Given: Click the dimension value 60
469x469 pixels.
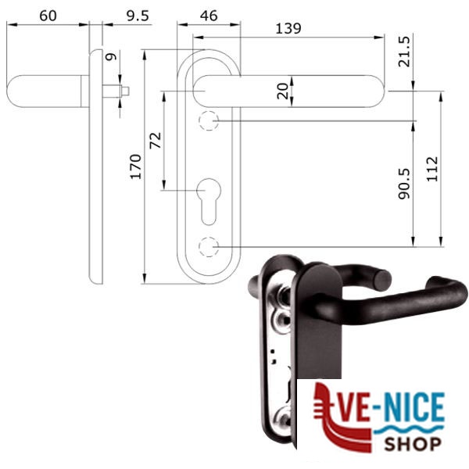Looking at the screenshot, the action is click(48, 16).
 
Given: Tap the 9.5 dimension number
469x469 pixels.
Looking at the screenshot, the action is click(138, 16).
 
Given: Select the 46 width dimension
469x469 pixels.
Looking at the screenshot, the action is click(209, 16).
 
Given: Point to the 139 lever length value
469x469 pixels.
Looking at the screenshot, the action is click(288, 28).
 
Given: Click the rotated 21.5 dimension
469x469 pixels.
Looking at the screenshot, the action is click(404, 52).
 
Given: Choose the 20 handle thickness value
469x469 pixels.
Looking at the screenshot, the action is click(283, 91).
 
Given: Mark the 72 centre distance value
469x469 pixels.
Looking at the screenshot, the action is click(156, 140).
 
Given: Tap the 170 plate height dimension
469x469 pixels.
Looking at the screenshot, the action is click(135, 167).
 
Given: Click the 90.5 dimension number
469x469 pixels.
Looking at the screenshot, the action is click(404, 184).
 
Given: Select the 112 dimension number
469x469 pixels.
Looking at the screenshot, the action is click(432, 169).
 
